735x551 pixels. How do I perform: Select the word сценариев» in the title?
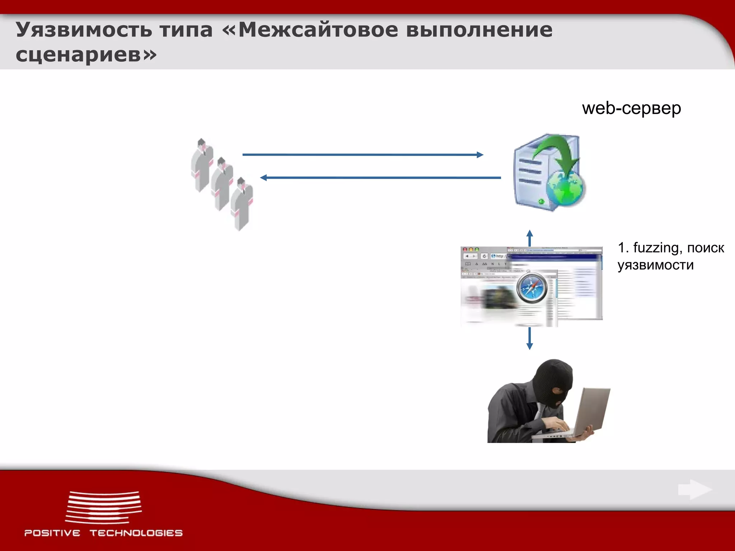(x=86, y=55)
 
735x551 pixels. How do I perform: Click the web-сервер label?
(x=631, y=108)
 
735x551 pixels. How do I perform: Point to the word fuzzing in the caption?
(x=655, y=248)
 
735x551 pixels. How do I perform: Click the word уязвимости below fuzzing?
(x=655, y=265)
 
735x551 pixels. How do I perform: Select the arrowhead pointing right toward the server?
(x=480, y=155)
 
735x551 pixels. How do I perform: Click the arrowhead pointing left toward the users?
(x=264, y=178)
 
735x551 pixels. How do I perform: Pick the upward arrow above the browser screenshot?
(x=529, y=237)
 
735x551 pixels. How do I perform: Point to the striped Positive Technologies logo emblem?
(x=103, y=507)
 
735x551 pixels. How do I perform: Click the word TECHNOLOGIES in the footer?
(x=136, y=533)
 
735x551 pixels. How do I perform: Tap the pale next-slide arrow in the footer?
(x=694, y=489)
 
